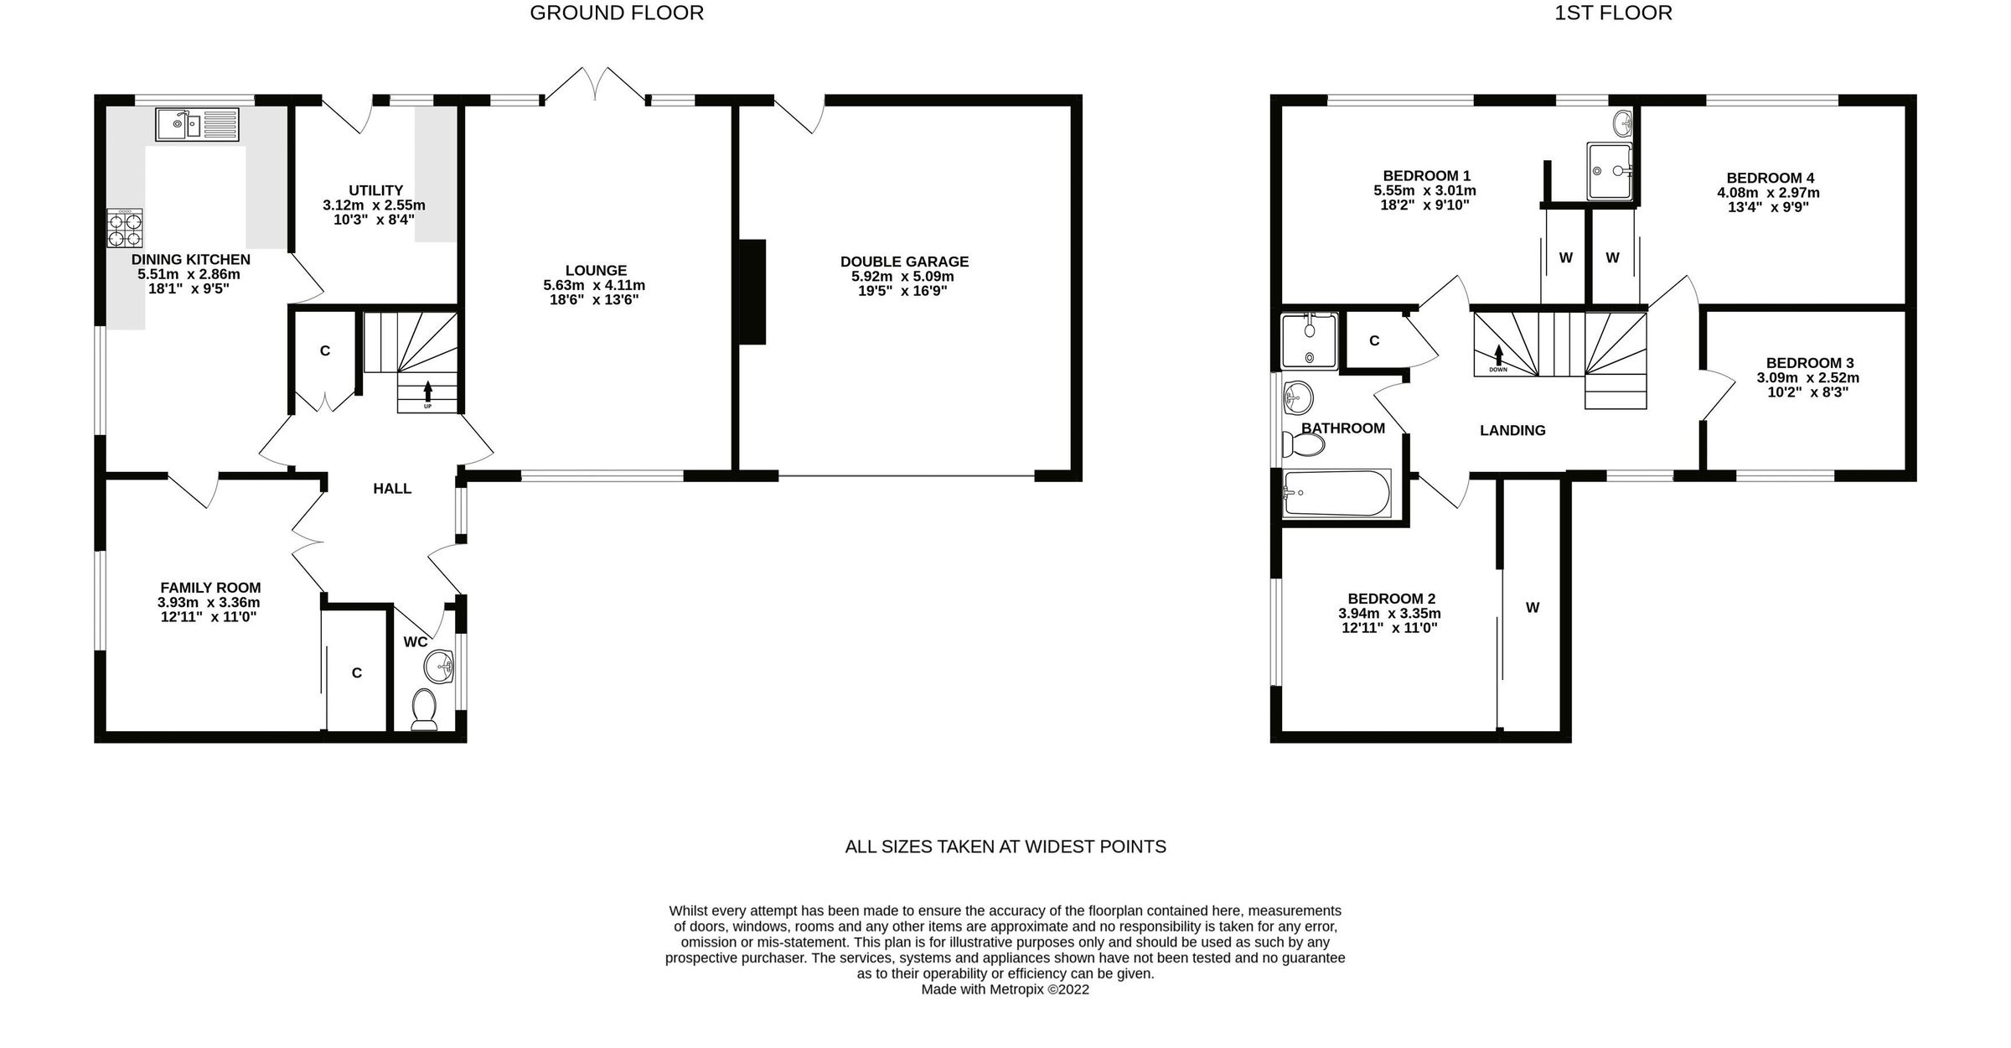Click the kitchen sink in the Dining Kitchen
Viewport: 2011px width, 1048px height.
(x=197, y=125)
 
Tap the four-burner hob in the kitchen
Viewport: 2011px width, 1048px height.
(x=124, y=228)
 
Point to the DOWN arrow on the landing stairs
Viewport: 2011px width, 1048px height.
(x=1497, y=356)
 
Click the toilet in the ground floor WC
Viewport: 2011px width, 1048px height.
(x=425, y=709)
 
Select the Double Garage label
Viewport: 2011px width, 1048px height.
(x=904, y=262)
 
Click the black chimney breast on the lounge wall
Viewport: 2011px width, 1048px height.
(x=752, y=292)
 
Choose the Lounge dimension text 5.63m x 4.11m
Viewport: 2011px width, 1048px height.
(x=594, y=285)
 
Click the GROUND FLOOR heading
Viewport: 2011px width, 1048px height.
(x=617, y=13)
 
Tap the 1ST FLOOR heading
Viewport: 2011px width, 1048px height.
(x=1613, y=13)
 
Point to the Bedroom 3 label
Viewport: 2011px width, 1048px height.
(x=1809, y=363)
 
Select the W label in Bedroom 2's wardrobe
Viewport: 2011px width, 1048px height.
(x=1532, y=608)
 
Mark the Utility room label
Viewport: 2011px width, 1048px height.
(x=375, y=190)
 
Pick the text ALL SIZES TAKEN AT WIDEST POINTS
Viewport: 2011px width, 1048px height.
(x=1005, y=847)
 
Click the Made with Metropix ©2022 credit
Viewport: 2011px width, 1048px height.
(x=1005, y=989)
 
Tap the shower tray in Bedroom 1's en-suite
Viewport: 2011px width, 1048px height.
(x=1610, y=172)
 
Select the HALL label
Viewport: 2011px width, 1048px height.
(x=392, y=488)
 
